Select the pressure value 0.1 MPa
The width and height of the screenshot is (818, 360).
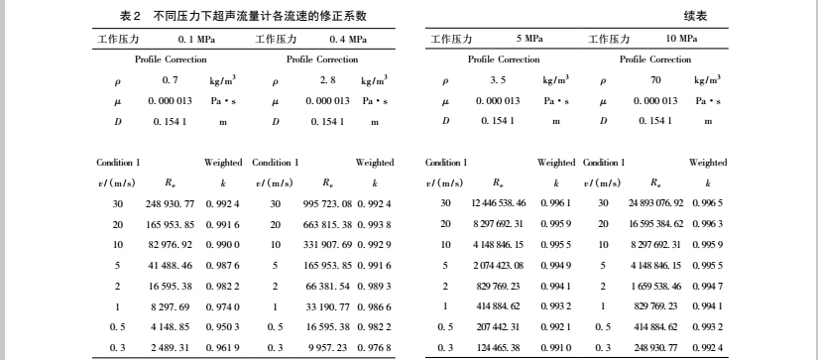tap(196, 39)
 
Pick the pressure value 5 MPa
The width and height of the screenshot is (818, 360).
tap(528, 39)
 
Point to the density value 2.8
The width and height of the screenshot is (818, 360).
tap(325, 80)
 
